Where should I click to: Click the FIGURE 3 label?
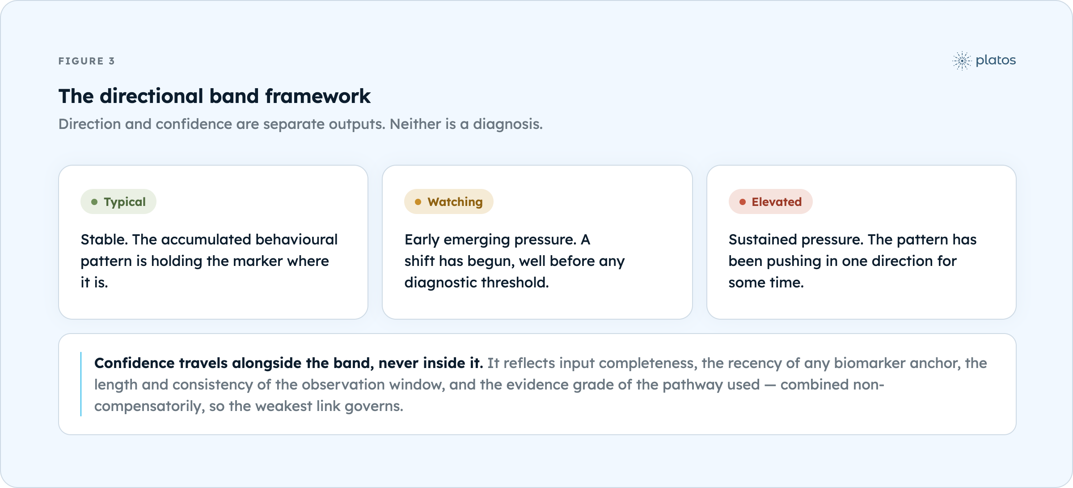click(x=87, y=61)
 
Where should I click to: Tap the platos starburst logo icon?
click(x=962, y=61)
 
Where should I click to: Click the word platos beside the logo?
click(x=996, y=60)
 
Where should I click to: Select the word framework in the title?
click(x=318, y=96)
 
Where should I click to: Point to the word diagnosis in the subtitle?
click(x=507, y=124)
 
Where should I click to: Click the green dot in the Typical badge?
click(x=94, y=202)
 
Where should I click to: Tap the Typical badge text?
click(x=125, y=202)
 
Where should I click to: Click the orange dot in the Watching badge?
click(x=418, y=202)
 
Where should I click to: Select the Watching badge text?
click(x=455, y=202)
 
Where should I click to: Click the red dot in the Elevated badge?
click(x=743, y=202)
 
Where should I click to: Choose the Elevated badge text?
click(x=777, y=202)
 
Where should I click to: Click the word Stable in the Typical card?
click(x=104, y=240)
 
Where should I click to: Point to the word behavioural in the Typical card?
click(x=296, y=240)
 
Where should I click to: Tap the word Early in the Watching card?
click(x=422, y=240)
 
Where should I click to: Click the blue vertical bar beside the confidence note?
click(x=81, y=384)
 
